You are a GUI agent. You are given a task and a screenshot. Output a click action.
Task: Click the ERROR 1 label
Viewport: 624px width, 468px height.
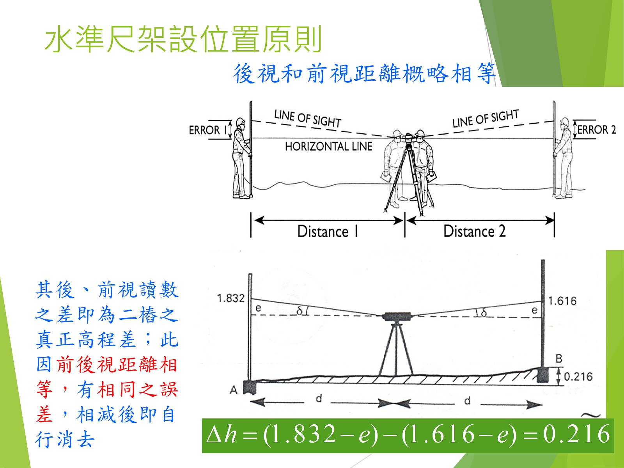pos(208,130)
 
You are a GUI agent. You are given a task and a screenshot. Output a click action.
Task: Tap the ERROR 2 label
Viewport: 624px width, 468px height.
pos(596,129)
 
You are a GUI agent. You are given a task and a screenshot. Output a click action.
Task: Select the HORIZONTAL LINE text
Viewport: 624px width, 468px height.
pos(329,147)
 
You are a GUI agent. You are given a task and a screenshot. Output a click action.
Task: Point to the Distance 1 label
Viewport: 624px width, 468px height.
pos(328,231)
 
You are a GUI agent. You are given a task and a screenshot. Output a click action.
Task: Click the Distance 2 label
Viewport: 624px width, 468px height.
pos(475,231)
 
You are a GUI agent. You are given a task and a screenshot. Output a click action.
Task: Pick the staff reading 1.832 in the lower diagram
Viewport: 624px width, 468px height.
pos(230,298)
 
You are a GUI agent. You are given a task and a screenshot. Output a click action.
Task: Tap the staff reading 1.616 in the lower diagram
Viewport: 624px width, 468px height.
pos(562,301)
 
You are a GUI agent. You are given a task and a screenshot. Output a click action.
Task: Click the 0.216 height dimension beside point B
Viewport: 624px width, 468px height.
pos(578,376)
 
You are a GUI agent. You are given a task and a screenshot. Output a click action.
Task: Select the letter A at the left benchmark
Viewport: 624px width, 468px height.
pos(233,390)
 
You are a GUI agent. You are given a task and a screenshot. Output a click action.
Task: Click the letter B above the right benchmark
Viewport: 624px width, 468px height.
pos(559,359)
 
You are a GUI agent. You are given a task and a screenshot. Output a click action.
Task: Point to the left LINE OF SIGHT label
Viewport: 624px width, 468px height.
pos(308,119)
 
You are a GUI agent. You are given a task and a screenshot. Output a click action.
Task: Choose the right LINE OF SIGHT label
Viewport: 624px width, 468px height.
pos(486,119)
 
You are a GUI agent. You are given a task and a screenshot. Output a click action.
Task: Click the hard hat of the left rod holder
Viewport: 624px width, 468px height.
pos(240,121)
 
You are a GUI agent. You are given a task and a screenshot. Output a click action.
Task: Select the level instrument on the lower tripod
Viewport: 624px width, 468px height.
pos(396,317)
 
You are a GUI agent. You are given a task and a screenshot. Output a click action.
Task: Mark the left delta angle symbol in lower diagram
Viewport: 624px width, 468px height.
pos(300,312)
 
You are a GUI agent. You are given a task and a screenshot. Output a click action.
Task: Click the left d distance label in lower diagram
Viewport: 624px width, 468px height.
pos(319,399)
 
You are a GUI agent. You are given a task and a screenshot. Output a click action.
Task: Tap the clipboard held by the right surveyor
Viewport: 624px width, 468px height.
pos(431,177)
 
